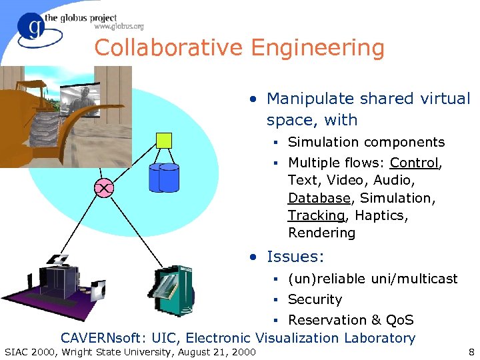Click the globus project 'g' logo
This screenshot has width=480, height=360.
pos(31,28)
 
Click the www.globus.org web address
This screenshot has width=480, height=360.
pos(119,27)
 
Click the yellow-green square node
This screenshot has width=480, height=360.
pos(163,140)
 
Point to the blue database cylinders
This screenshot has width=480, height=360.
pos(164,177)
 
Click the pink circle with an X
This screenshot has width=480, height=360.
pos(104,189)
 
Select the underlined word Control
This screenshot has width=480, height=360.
pos(414,163)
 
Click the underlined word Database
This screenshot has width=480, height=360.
pos(319,198)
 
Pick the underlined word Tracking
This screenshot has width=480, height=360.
pos(316,215)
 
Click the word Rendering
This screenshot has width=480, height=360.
pos(321,233)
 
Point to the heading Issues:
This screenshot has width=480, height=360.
pos(295,256)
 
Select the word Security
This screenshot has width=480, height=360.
pos(315,299)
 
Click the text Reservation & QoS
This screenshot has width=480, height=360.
pos(351,320)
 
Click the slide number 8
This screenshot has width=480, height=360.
pos(471,351)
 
